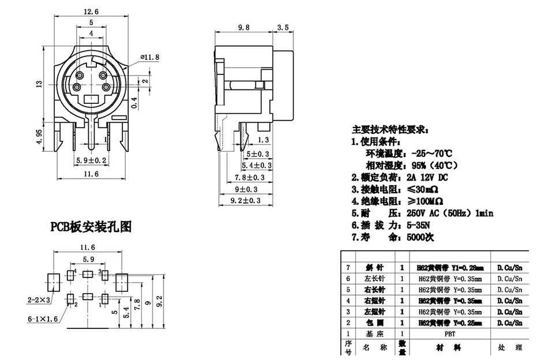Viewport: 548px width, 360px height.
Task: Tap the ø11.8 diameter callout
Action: tap(149, 57)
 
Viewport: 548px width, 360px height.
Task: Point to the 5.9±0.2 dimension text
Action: tap(91, 160)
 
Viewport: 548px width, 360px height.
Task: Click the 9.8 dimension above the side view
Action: tap(244, 27)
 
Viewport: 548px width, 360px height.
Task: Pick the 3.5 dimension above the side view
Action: tap(283, 27)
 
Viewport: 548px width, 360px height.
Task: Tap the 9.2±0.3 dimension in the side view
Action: tap(246, 200)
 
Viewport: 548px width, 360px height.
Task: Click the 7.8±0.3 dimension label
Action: tap(249, 177)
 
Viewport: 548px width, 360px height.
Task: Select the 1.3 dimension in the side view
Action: tap(263, 140)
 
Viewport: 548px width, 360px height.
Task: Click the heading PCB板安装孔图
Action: tap(91, 227)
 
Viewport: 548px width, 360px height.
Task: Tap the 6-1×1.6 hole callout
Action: tap(42, 318)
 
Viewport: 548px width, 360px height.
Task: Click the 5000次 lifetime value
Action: tap(420, 237)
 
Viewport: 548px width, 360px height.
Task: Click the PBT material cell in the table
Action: tap(450, 333)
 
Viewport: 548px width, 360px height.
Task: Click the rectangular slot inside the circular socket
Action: tap(91, 99)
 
